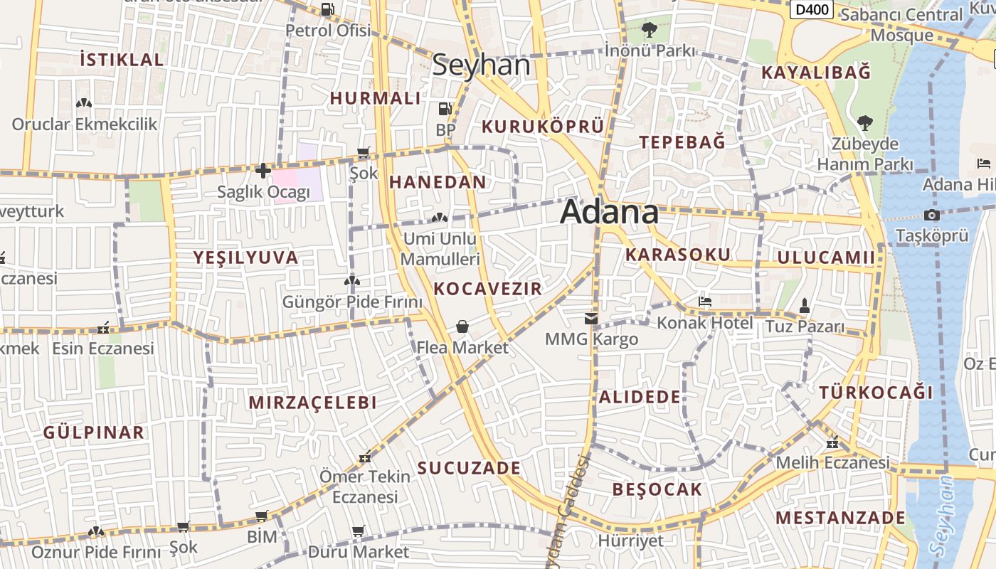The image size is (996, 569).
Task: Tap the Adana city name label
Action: point(610,212)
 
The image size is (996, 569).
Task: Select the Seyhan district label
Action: point(482,65)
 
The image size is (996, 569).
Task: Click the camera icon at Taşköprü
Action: point(931,215)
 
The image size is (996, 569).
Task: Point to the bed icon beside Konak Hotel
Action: point(705,302)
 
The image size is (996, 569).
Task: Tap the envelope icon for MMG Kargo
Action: point(591,318)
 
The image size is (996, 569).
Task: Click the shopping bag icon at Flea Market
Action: point(462,326)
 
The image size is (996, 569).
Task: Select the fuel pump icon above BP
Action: point(445,110)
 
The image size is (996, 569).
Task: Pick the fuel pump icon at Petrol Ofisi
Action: point(328,9)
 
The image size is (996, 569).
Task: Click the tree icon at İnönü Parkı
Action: point(649,30)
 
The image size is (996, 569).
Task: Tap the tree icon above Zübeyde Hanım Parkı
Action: point(864,123)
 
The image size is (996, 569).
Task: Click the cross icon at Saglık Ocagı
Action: point(263,171)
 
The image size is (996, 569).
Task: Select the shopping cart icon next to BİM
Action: point(261,516)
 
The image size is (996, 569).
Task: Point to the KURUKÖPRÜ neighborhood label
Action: point(543,127)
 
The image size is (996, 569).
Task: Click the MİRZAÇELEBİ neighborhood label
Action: point(312,403)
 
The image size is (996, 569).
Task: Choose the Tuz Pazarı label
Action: point(804,327)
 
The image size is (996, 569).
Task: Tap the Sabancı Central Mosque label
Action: point(902,24)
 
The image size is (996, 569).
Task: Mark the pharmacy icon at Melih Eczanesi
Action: point(832,444)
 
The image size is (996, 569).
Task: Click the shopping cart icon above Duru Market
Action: point(359,531)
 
